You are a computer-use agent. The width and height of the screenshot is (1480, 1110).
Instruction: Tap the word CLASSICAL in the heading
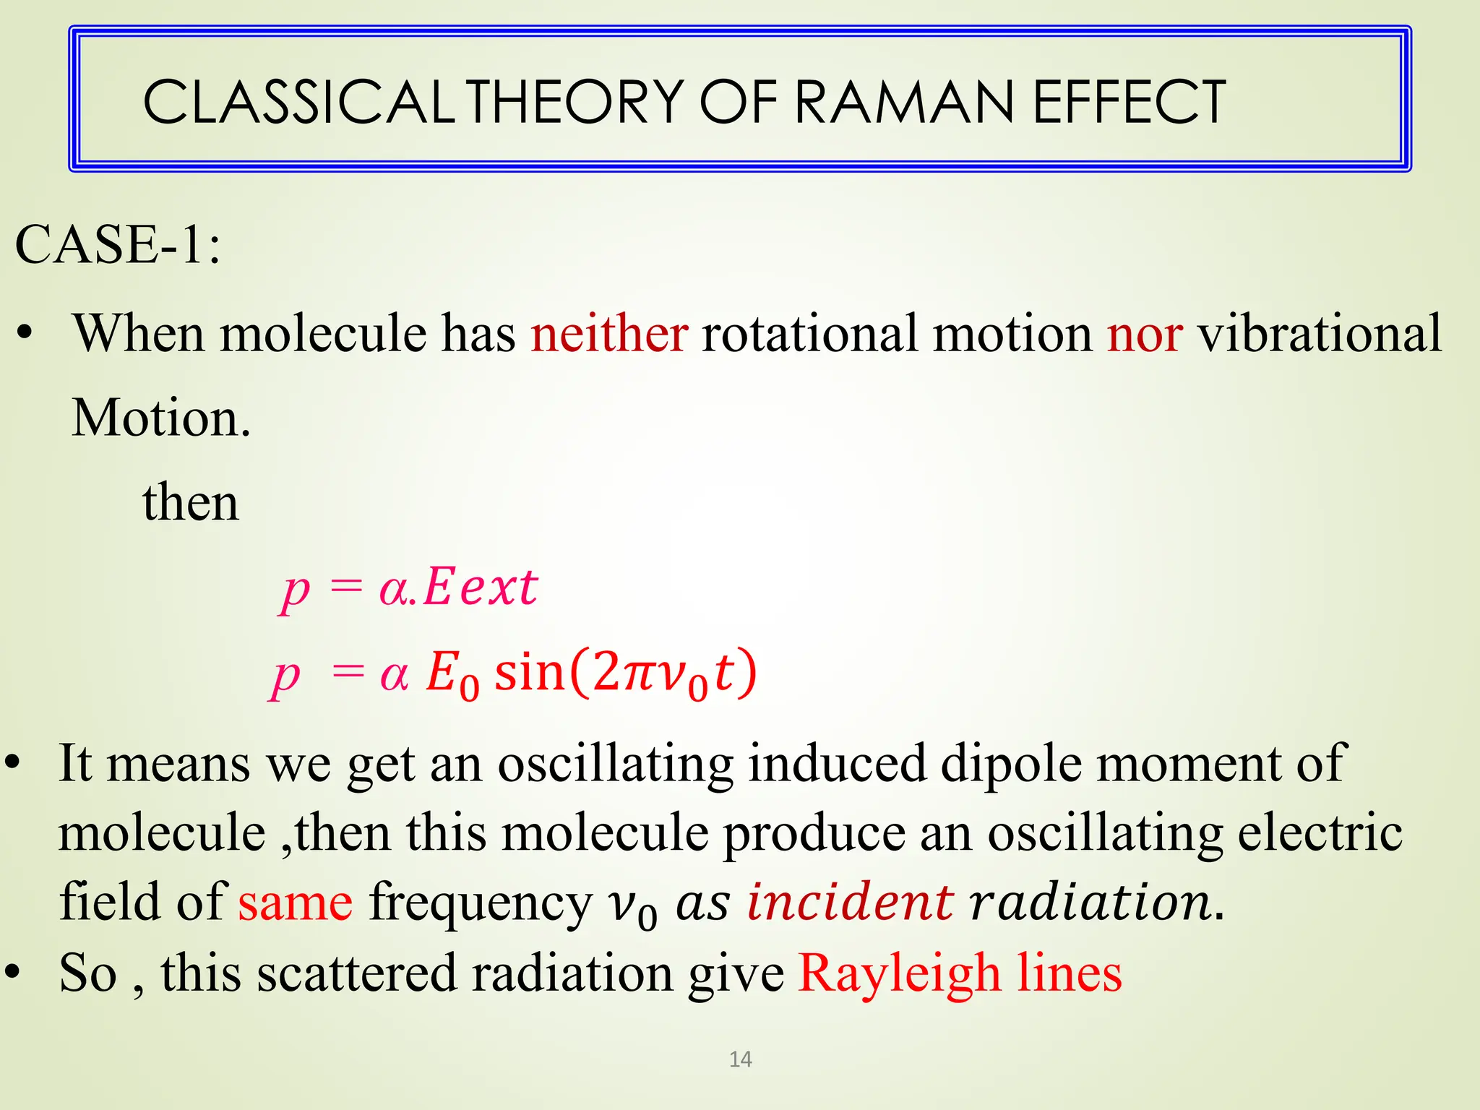(298, 102)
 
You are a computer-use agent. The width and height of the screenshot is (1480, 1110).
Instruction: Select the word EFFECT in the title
(1129, 102)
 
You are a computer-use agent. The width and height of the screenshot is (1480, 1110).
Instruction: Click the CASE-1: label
(118, 245)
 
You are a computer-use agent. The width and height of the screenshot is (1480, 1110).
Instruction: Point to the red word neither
(609, 334)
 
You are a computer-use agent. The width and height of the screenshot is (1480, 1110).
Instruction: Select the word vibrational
(1320, 334)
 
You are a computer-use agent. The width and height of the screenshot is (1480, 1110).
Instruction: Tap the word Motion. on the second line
(161, 418)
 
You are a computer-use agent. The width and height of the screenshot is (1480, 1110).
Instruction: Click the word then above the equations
(191, 502)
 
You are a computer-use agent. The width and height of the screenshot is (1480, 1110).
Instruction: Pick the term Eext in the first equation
(481, 587)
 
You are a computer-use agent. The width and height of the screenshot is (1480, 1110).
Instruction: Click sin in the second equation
(528, 672)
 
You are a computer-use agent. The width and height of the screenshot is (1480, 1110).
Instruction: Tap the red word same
(296, 903)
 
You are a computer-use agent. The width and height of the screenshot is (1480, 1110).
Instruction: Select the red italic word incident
(850, 902)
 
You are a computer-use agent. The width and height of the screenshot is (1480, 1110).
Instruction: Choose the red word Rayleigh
(899, 973)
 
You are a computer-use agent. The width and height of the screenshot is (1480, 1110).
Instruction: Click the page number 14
(741, 1059)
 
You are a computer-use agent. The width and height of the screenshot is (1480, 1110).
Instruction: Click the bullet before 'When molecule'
(25, 334)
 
